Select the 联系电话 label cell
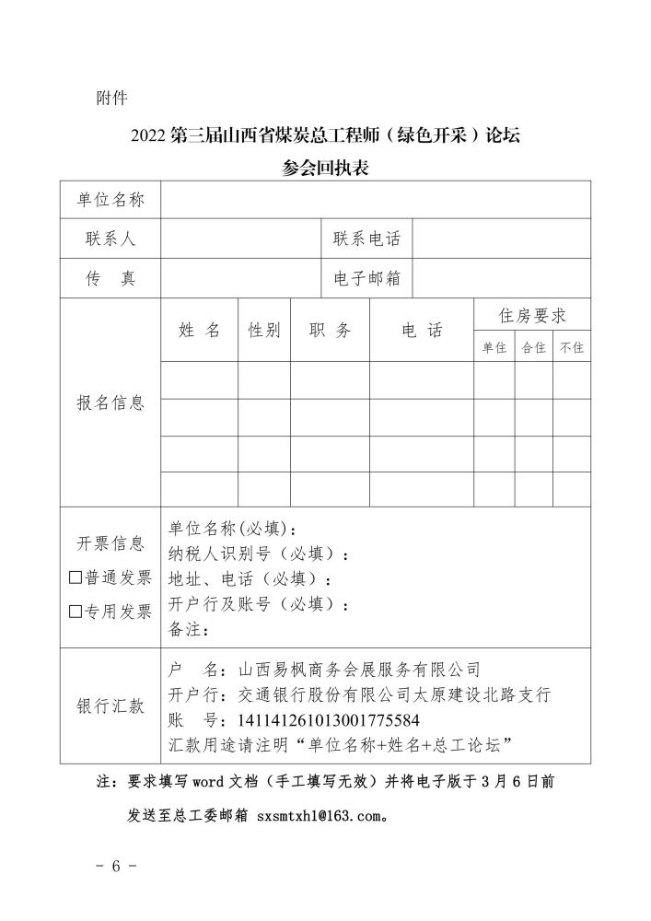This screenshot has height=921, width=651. [x=366, y=239]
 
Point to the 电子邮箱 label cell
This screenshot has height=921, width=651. [x=366, y=278]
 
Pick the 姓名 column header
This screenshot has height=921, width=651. [x=199, y=331]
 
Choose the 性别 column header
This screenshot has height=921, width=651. [x=264, y=331]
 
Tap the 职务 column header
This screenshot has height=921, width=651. [x=330, y=331]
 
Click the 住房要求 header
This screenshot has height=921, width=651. [x=532, y=316]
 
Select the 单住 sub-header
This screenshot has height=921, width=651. [x=494, y=348]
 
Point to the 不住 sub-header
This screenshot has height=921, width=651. [x=572, y=348]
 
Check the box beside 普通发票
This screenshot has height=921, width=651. [x=76, y=577]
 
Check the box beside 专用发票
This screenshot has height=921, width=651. [x=76, y=611]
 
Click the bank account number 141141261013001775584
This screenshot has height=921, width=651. [x=329, y=719]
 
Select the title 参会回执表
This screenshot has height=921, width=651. [x=325, y=168]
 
